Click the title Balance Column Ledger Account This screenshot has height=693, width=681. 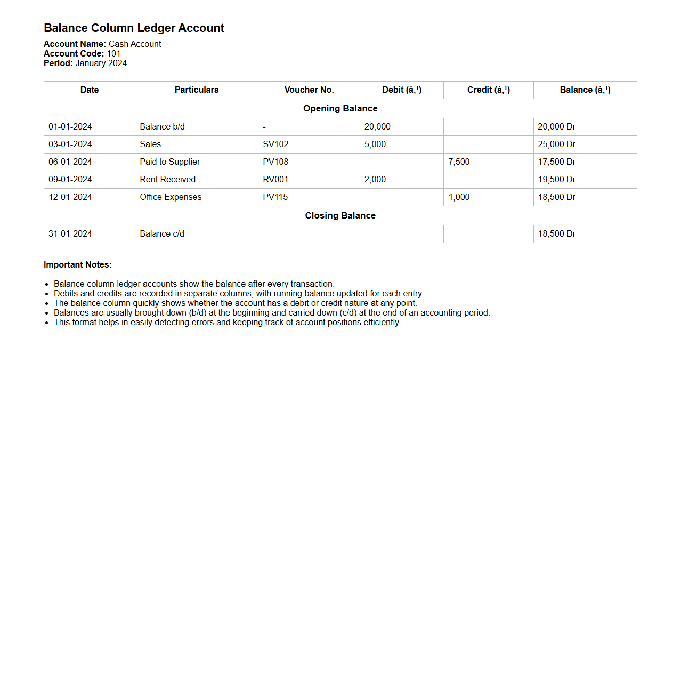pyautogui.click(x=134, y=28)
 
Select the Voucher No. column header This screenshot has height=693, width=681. pyautogui.click(x=309, y=90)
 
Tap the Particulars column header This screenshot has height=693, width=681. pyautogui.click(x=196, y=90)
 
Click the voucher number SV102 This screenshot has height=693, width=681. pyautogui.click(x=275, y=144)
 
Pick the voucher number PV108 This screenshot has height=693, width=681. pyautogui.click(x=275, y=162)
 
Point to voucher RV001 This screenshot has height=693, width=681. pyautogui.click(x=275, y=180)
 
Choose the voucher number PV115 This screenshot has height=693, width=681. pyautogui.click(x=275, y=197)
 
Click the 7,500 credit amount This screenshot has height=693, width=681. pyautogui.click(x=459, y=162)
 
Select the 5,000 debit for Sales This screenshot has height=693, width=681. pyautogui.click(x=375, y=144)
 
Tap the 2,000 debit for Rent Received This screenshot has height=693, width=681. pyautogui.click(x=375, y=180)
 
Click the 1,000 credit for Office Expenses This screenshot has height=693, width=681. pyautogui.click(x=459, y=197)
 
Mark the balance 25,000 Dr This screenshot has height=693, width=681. pyautogui.click(x=556, y=144)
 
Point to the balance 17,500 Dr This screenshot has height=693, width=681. pyautogui.click(x=556, y=162)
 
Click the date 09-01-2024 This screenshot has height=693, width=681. pyautogui.click(x=70, y=180)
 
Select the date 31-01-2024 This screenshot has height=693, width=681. pyautogui.click(x=70, y=234)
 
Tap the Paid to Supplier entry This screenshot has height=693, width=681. pyautogui.click(x=170, y=162)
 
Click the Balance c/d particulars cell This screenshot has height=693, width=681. pyautogui.click(x=162, y=234)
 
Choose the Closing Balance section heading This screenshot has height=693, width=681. pyautogui.click(x=340, y=216)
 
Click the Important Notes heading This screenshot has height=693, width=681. pyautogui.click(x=78, y=265)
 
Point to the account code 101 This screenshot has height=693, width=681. pyautogui.click(x=113, y=54)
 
